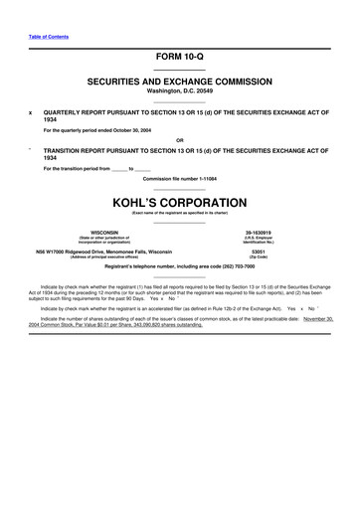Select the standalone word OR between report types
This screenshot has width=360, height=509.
tap(179, 140)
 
